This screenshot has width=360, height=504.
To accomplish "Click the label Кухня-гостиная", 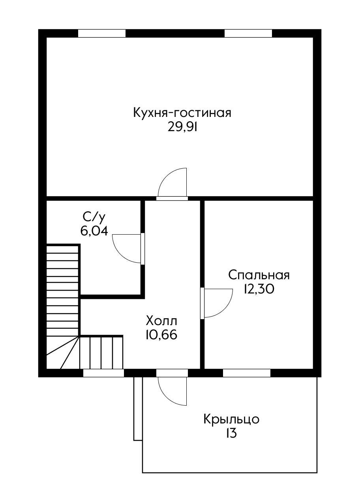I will tap(182, 113).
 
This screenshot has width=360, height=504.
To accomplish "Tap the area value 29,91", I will tap(182, 128).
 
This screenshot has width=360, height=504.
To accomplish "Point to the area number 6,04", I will tap(94, 231).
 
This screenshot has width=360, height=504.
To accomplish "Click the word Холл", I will tap(161, 320).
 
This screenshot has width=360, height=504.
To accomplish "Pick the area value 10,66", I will tap(161, 335).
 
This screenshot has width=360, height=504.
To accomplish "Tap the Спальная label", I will tap(259, 275).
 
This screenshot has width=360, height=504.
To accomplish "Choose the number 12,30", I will tap(259, 290).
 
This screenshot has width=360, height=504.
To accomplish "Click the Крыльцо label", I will tap(231, 419).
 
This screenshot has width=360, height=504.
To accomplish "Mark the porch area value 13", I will tap(231, 433).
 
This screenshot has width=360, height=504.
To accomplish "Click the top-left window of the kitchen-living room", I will tap(101, 33).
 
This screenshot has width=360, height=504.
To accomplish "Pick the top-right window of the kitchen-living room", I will tap(248, 33).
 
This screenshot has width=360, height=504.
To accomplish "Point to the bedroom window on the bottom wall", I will tap(247, 373).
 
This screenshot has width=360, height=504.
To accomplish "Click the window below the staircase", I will tap(103, 373).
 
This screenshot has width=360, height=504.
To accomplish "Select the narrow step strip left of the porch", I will tap(138, 408).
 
